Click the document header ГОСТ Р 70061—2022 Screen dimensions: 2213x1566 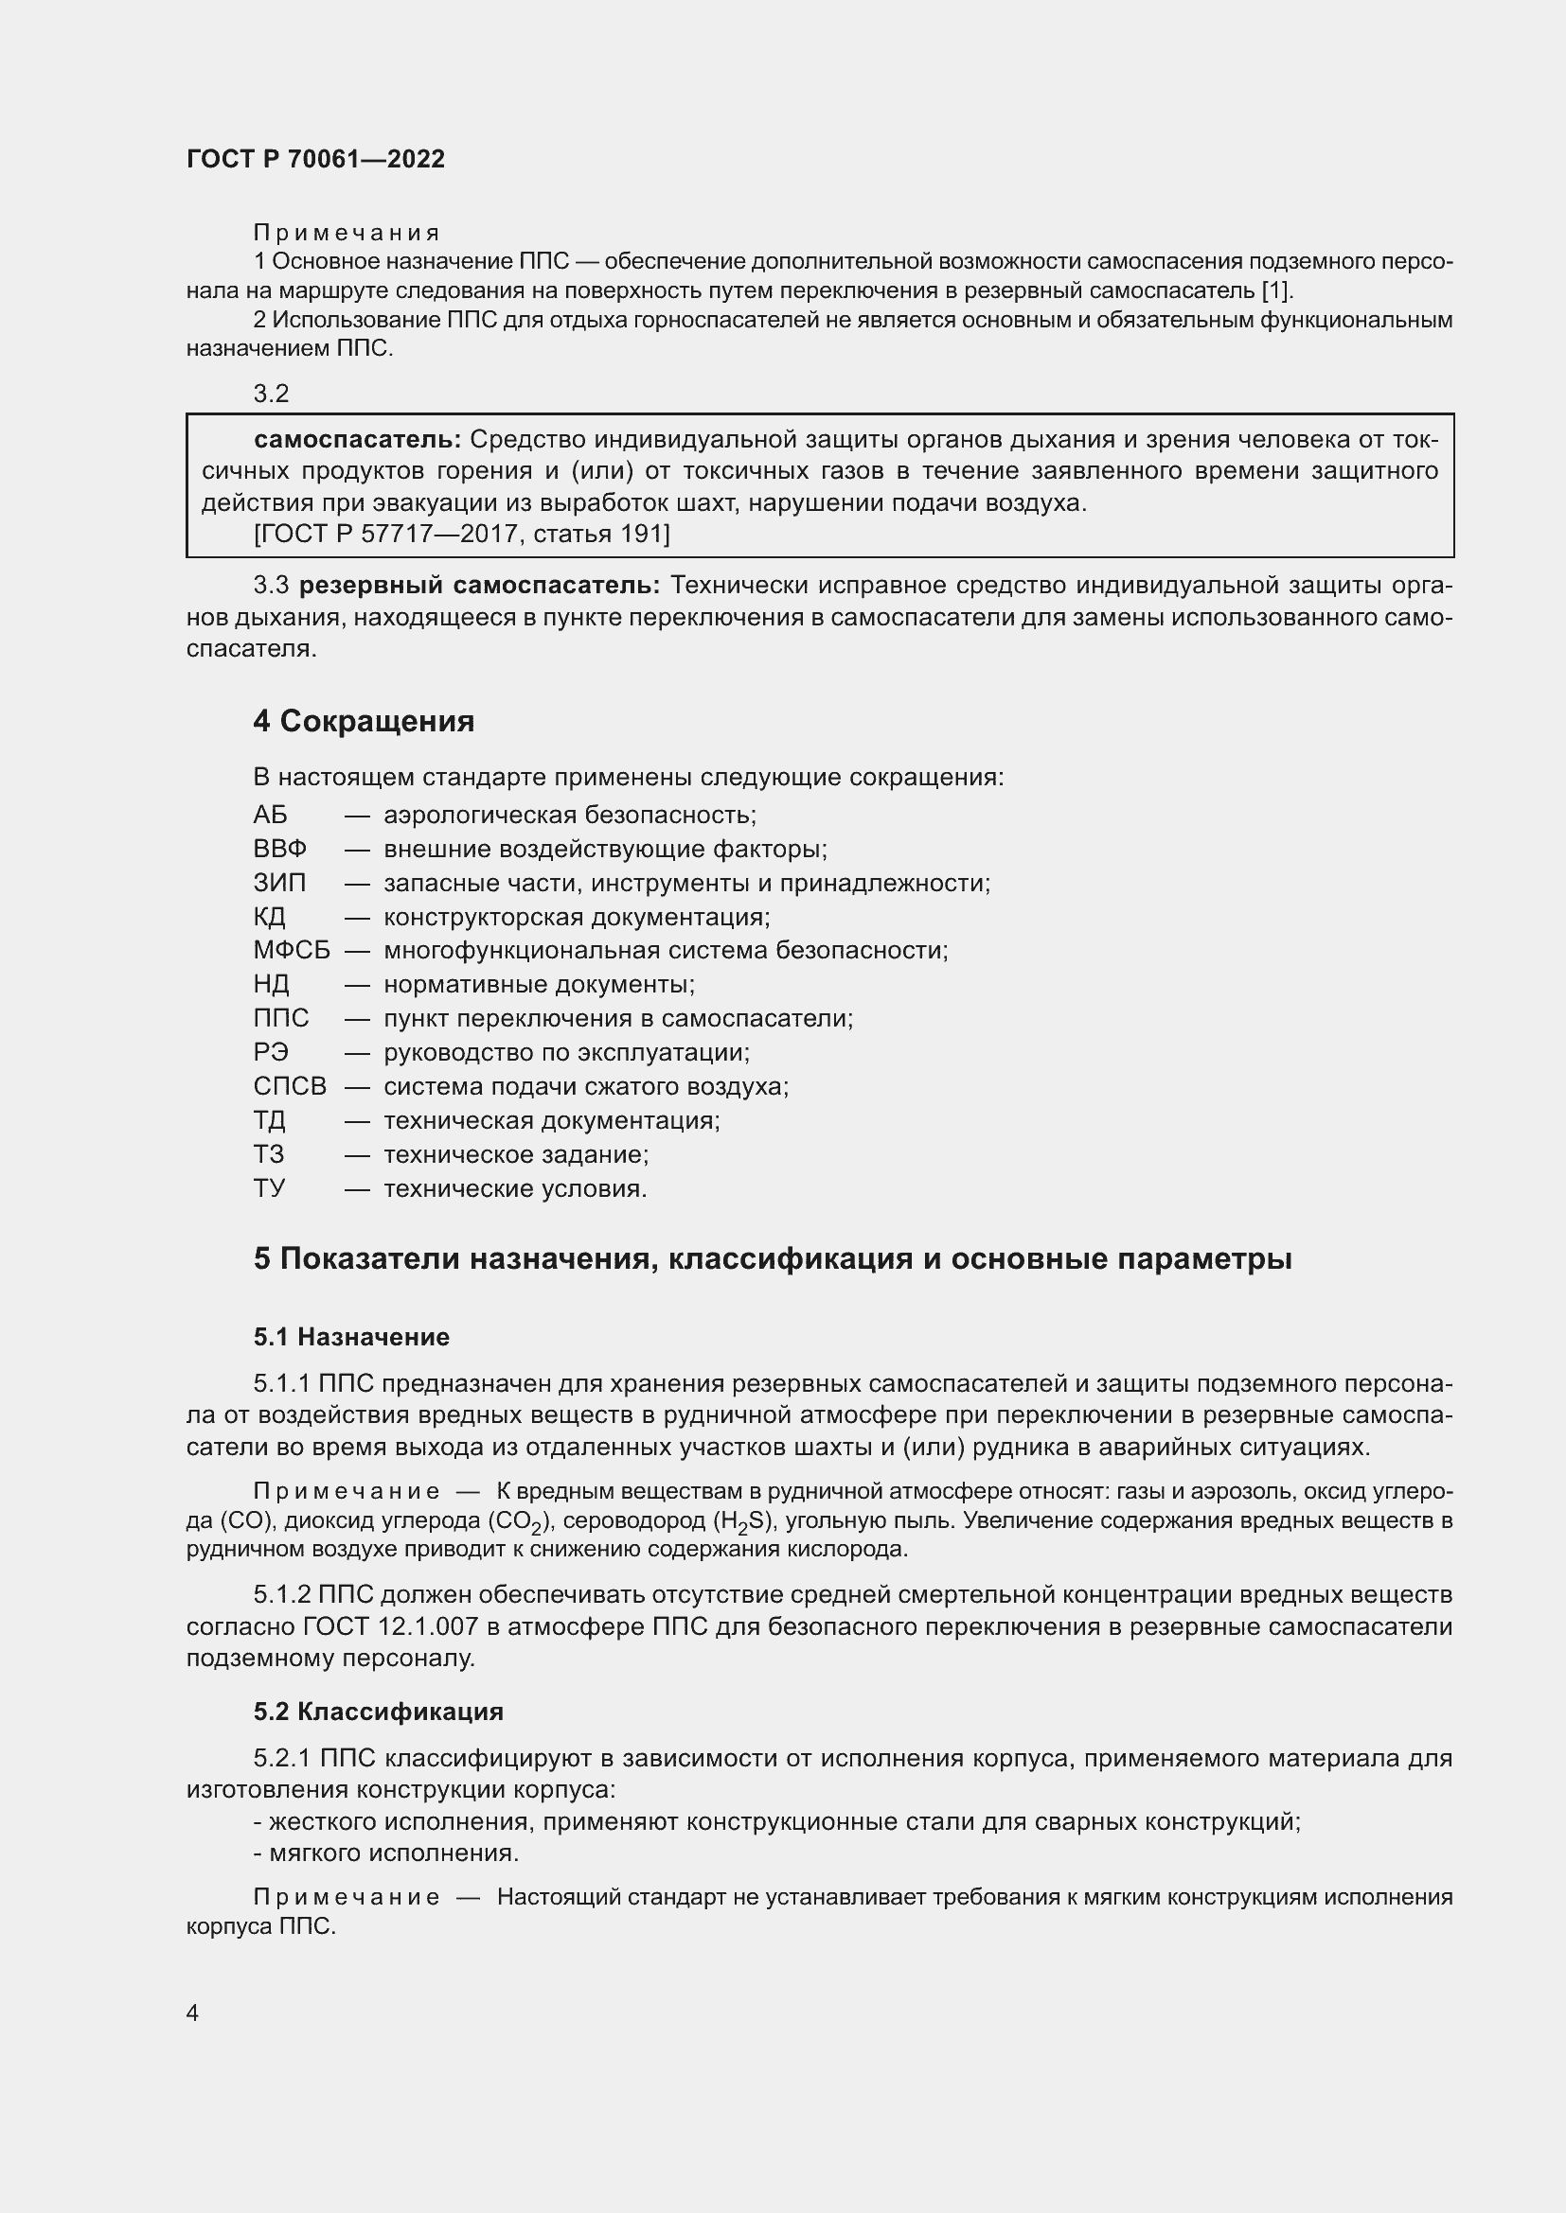tap(315, 159)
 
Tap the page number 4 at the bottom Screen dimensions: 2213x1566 tap(192, 2012)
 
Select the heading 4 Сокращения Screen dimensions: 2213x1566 tap(364, 721)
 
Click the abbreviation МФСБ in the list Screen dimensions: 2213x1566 tap(292, 950)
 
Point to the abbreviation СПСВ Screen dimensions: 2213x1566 tap(290, 1086)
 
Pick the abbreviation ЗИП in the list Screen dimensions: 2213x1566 tap(279, 883)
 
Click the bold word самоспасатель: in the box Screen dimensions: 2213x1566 tap(358, 440)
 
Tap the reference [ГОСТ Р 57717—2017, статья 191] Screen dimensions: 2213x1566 tap(462, 533)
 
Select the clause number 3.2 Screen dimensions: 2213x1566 tap(271, 394)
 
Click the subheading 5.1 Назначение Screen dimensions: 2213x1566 tap(351, 1337)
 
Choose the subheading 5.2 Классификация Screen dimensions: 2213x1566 tap(378, 1712)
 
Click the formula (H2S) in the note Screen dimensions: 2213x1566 tap(743, 1522)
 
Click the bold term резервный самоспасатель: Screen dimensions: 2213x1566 tap(479, 585)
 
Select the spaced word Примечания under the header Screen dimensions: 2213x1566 tap(347, 233)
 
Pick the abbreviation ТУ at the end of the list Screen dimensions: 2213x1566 tap(269, 1188)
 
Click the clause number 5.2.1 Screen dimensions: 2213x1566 tap(281, 1758)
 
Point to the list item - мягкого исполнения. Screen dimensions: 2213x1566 tap(385, 1853)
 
